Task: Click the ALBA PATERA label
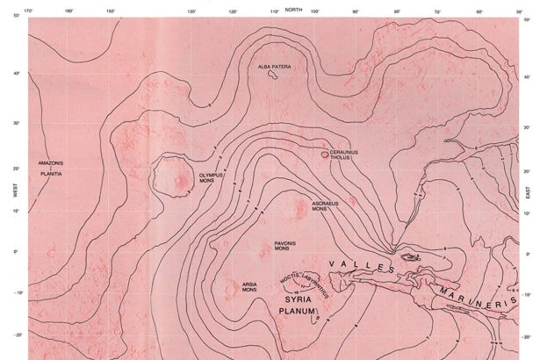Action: point(275,67)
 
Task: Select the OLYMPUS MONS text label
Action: point(212,178)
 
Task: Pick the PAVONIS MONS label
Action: point(281,248)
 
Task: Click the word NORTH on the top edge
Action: point(293,8)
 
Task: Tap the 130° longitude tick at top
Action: point(191,11)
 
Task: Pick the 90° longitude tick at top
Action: point(356,11)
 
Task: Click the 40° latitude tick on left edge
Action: point(15,73)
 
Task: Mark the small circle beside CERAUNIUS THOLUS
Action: point(325,155)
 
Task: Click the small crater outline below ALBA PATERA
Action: point(274,77)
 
